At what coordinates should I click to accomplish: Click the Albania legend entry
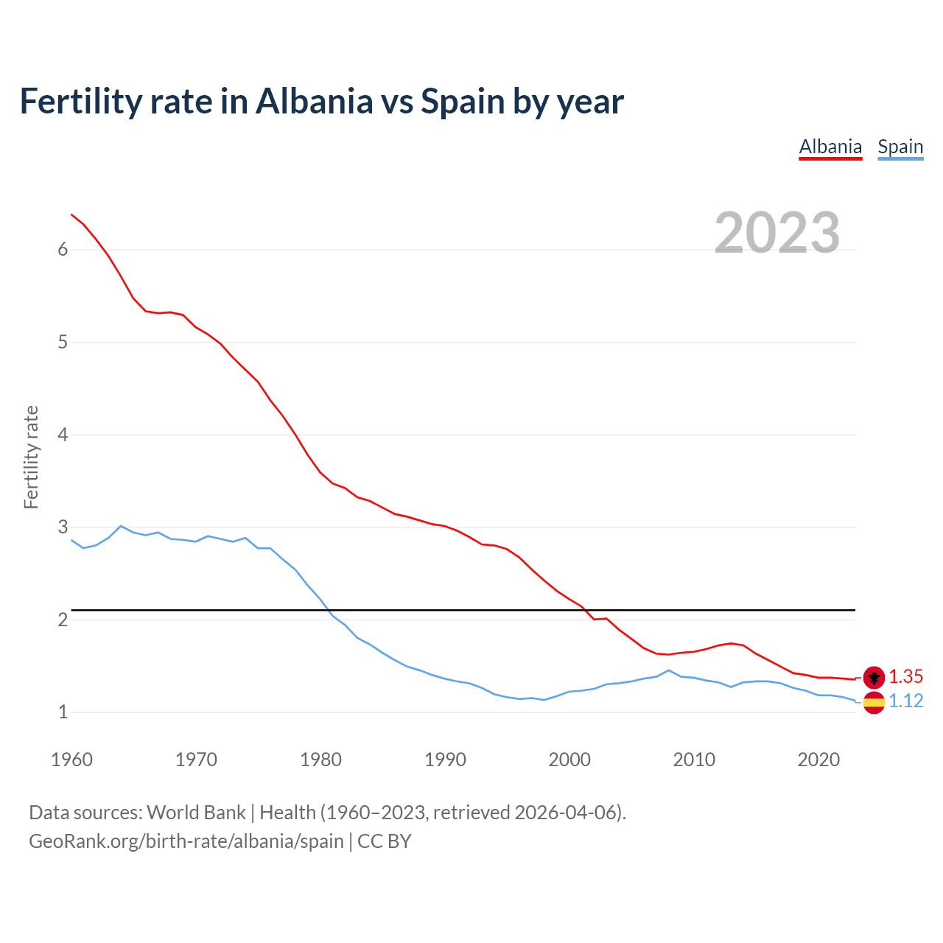[x=830, y=147]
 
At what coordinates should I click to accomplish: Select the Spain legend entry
[x=900, y=147]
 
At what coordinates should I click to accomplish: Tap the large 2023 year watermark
[x=777, y=233]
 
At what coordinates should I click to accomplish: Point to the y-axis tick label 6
[x=63, y=250]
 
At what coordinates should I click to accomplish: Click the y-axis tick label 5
[x=63, y=343]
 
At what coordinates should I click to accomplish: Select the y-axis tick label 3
[x=63, y=527]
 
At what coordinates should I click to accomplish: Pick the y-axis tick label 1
[x=63, y=712]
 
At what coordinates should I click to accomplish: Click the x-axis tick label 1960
[x=71, y=760]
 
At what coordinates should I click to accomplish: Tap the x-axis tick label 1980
[x=320, y=760]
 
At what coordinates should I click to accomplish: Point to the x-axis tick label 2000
[x=569, y=760]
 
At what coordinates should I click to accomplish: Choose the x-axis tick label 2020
[x=818, y=760]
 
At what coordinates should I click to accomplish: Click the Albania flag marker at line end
[x=874, y=677]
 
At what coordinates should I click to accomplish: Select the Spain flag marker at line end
[x=874, y=702]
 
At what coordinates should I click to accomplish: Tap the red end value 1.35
[x=905, y=677]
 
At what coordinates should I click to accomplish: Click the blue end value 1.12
[x=905, y=701]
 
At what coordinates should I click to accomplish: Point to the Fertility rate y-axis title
[x=31, y=457]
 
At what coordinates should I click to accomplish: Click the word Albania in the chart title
[x=315, y=101]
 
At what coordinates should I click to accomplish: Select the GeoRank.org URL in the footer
[x=186, y=841]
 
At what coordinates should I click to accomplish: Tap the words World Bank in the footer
[x=196, y=813]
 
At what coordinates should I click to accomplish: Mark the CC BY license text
[x=384, y=841]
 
